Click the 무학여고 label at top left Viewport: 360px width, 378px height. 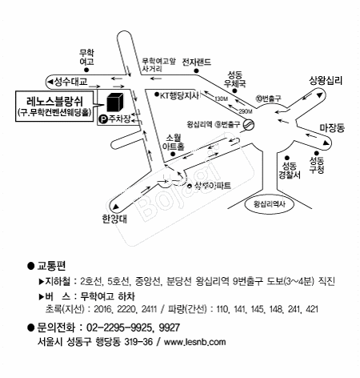pos(86,57)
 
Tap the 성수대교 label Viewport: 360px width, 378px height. pos(68,81)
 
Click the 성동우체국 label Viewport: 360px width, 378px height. pos(234,77)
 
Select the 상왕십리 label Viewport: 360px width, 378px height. pos(326,81)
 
